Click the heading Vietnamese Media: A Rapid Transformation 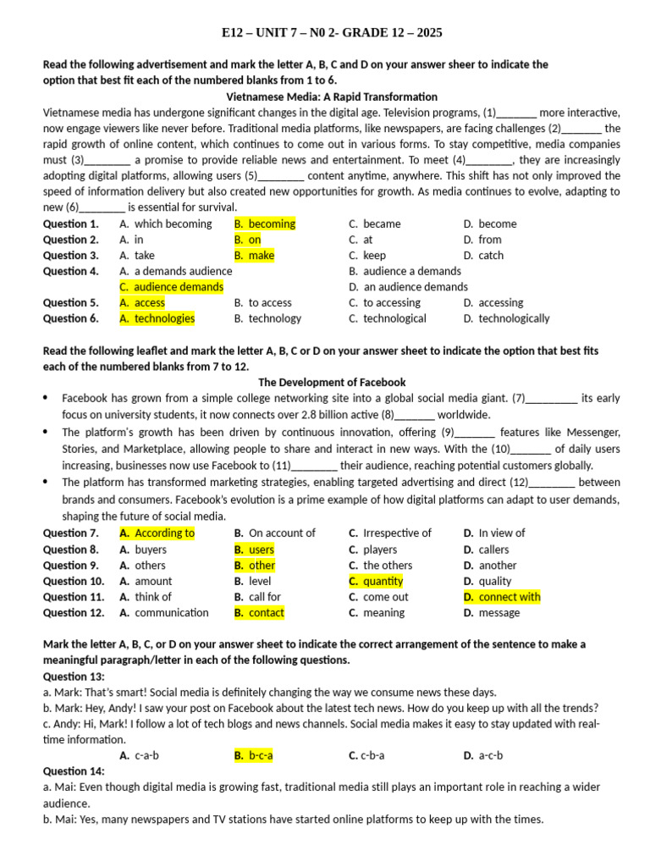332,97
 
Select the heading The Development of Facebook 332,382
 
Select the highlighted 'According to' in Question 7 163,533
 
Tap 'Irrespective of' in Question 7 396,533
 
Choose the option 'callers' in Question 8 493,549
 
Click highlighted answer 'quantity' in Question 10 383,581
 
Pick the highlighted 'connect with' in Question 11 509,597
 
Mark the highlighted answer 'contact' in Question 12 266,612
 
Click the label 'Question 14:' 74,771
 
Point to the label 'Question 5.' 71,302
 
